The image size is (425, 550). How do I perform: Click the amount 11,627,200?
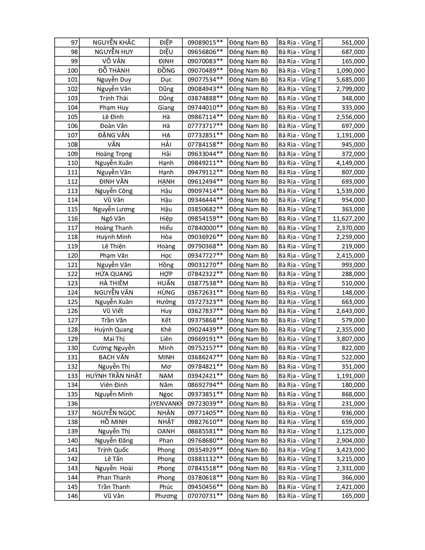coord(349,219)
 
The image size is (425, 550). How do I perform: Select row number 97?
coord(74,43)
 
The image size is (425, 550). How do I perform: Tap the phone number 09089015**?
coord(205,43)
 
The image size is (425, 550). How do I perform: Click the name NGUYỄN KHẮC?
coord(114,43)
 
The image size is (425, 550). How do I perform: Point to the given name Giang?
coord(166,107)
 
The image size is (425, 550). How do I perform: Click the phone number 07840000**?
coord(205,228)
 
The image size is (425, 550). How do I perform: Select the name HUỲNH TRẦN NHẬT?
coord(114,376)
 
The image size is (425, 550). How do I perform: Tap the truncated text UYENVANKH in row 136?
coord(166,404)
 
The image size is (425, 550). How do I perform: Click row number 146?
coord(72,496)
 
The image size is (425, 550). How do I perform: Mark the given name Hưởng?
coord(166,302)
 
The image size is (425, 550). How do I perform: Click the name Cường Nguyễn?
coord(114,348)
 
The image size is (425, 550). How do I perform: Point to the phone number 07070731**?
coord(205,496)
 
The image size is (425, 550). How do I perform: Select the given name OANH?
coord(166,431)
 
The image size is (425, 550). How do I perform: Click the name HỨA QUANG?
coord(114,274)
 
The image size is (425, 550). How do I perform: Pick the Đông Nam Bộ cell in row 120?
coord(248,256)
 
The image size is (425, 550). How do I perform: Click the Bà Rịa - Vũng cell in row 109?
coord(299,154)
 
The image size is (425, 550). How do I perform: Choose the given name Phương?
coord(166,496)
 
